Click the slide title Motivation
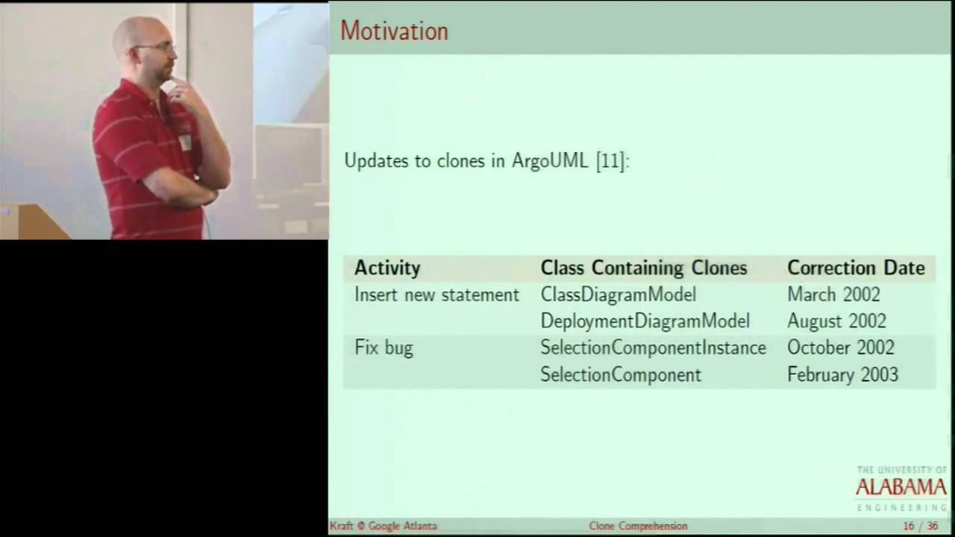point(394,31)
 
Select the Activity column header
point(387,268)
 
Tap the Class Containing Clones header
point(643,268)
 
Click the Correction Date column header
point(856,268)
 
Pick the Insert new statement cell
point(436,295)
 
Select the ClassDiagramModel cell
point(618,295)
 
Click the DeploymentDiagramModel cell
point(645,321)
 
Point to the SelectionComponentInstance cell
point(653,348)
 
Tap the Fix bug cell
point(383,348)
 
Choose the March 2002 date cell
point(833,295)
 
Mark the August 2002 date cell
point(836,321)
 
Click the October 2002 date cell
point(840,348)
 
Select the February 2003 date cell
point(842,374)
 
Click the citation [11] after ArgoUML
point(610,161)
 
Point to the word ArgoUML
point(550,161)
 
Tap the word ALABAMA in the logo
point(901,488)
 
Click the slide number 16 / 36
point(920,527)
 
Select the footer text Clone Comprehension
point(638,527)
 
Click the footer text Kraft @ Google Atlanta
point(383,527)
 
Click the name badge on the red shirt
point(185,142)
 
